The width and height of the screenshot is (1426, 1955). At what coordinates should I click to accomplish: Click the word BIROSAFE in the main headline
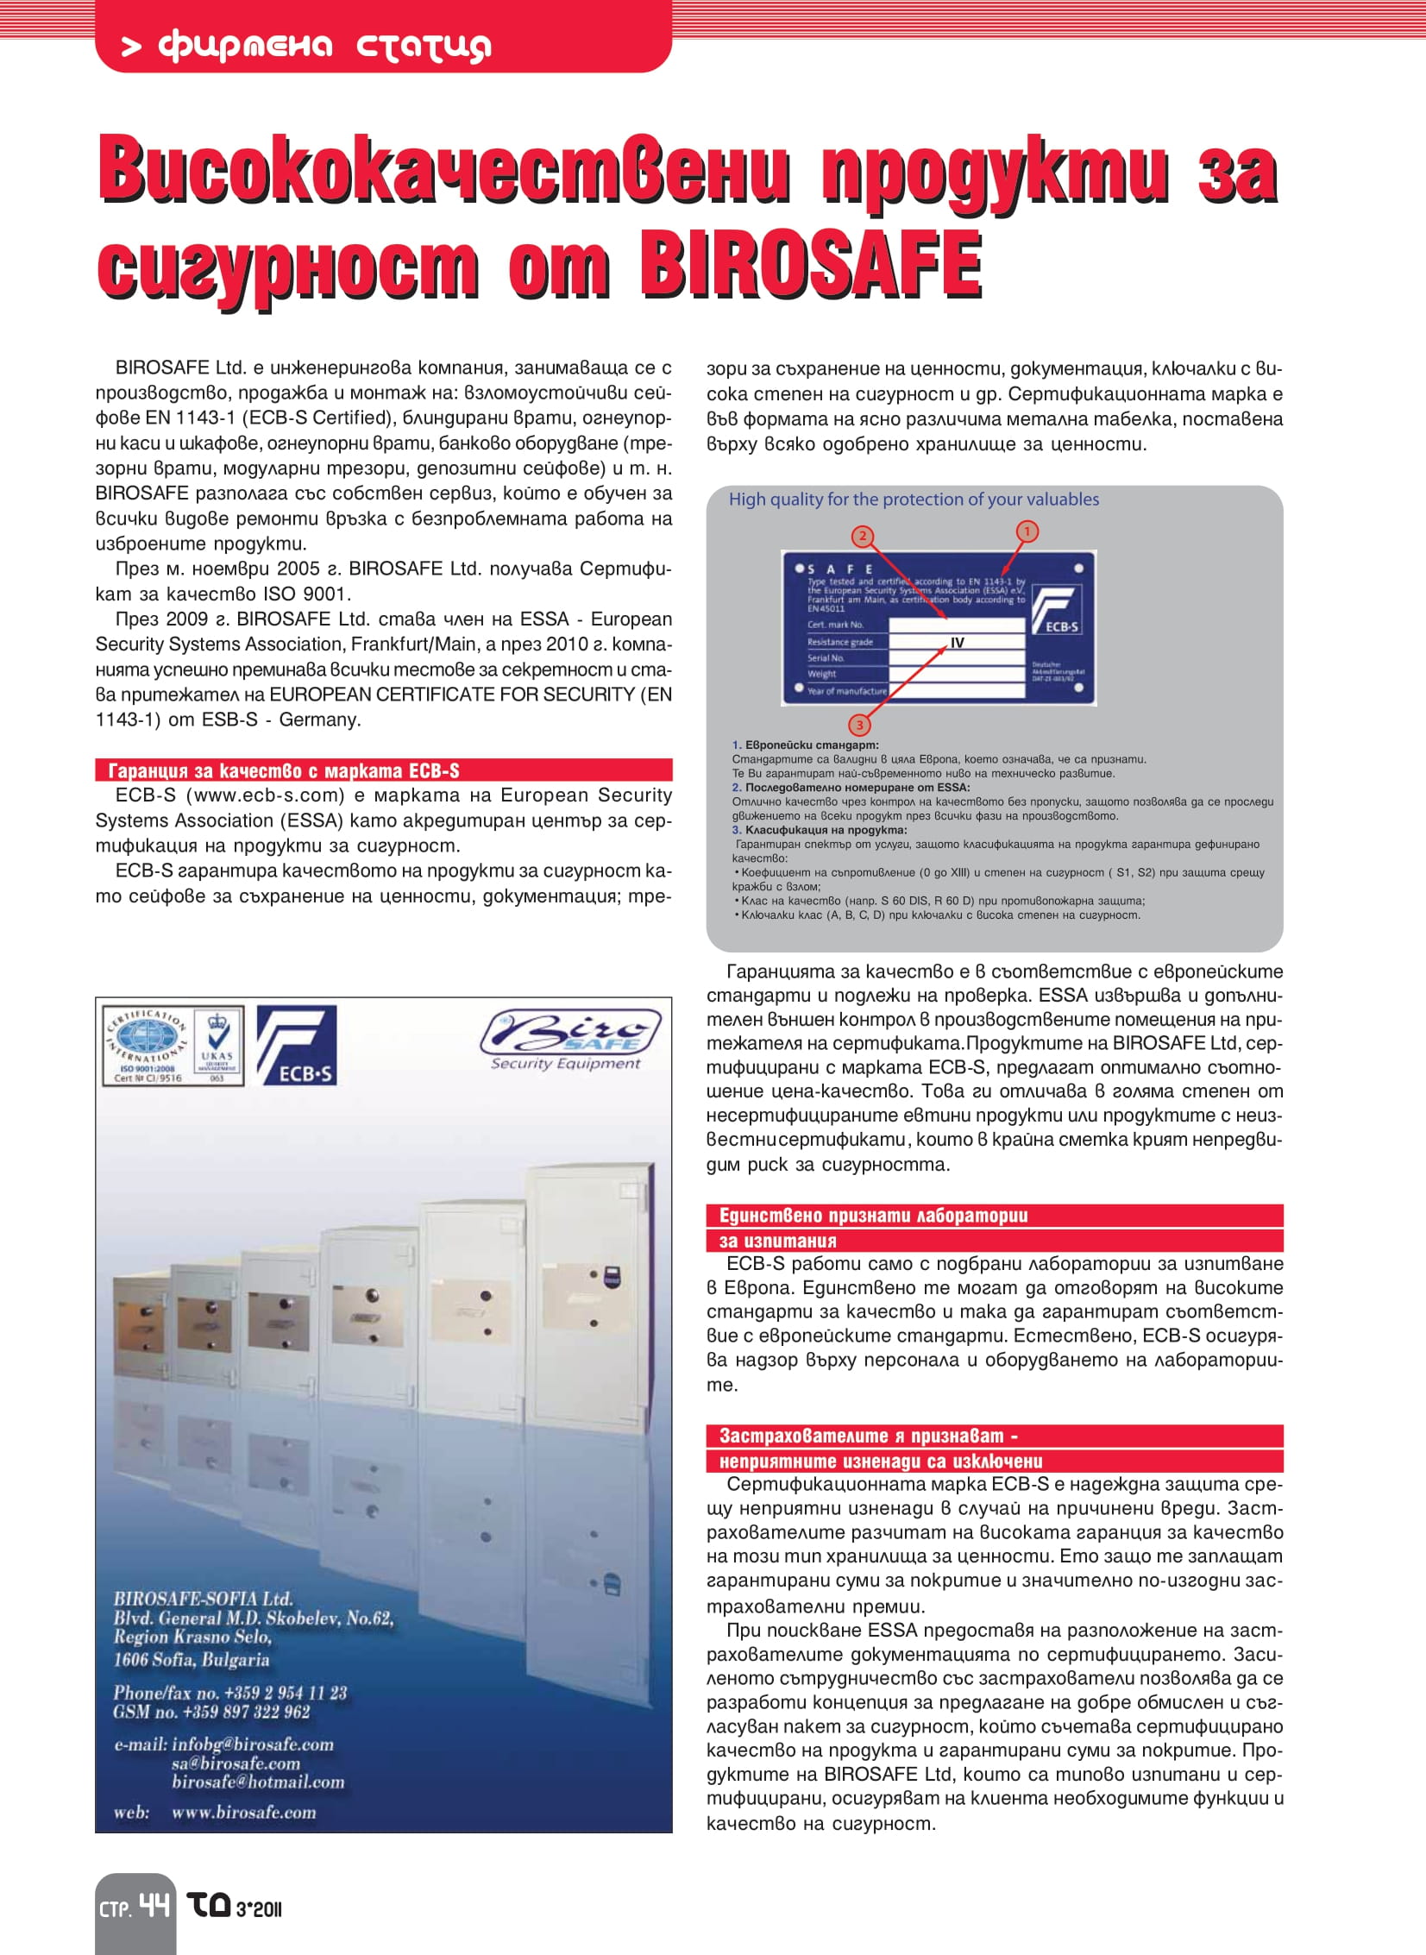(x=810, y=263)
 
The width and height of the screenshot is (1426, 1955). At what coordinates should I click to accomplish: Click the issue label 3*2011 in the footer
(x=258, y=1909)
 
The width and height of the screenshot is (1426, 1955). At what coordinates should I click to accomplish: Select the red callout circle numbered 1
(x=1027, y=531)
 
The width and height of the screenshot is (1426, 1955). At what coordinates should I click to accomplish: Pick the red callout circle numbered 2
(x=862, y=536)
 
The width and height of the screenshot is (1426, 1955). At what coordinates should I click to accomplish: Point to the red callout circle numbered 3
(x=859, y=723)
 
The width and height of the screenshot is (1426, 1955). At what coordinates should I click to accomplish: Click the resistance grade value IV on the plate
(x=957, y=642)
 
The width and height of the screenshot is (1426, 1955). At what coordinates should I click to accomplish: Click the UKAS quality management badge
(x=217, y=1046)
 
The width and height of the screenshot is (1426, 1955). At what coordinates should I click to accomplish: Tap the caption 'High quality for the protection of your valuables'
(x=914, y=499)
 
